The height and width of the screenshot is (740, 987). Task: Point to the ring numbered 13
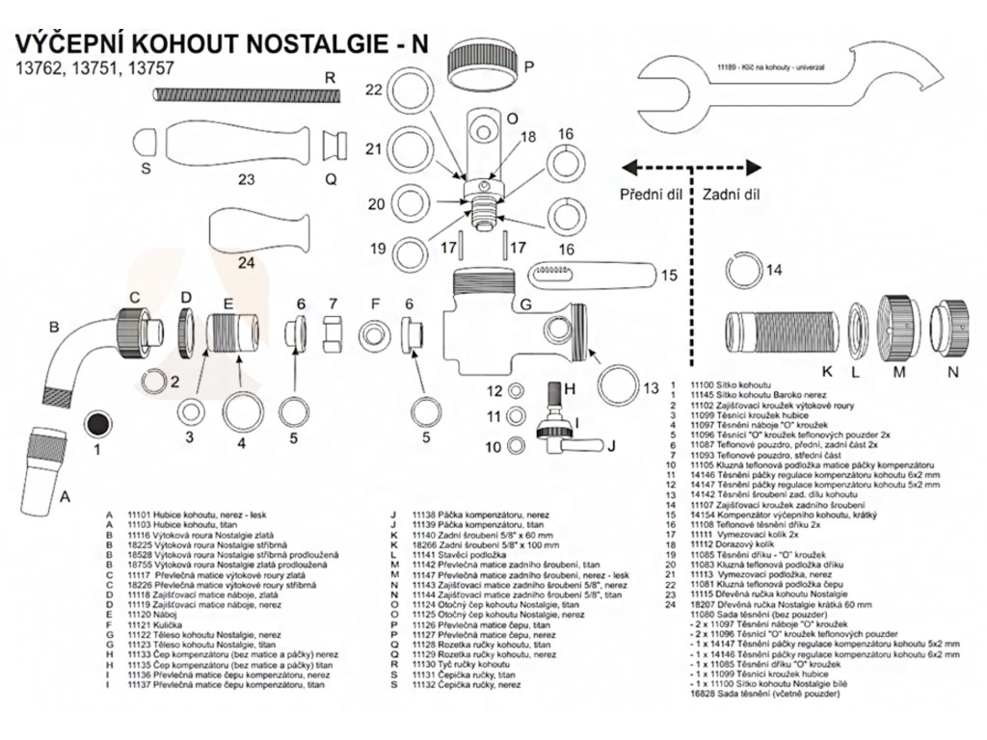click(619, 384)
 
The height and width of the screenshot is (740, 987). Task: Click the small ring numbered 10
click(519, 447)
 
